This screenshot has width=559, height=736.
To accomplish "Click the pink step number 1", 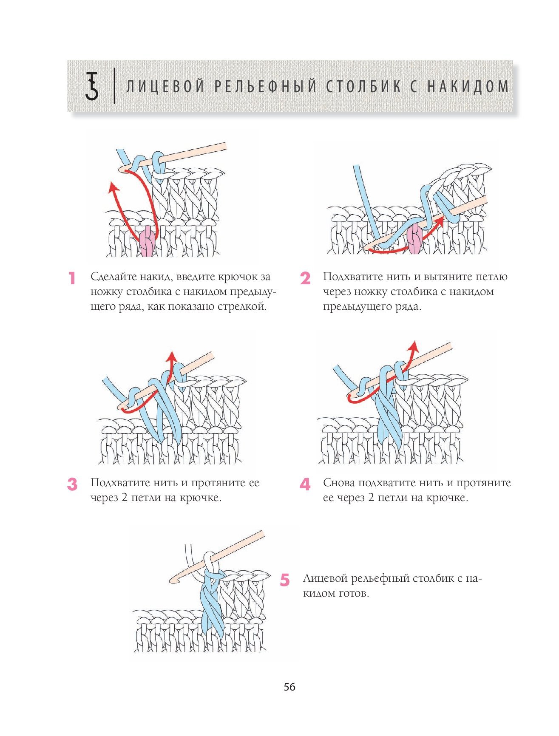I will click(72, 278).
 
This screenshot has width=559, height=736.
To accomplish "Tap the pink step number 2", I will click(305, 279).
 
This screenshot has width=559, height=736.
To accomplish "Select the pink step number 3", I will click(72, 484).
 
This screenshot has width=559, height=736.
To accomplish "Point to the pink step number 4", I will click(305, 484).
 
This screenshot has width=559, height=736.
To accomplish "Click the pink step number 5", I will click(285, 580).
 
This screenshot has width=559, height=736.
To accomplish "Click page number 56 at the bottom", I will click(289, 687).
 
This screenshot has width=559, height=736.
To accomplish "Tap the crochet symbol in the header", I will click(92, 86).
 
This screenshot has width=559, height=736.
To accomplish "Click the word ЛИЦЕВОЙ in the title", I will click(166, 87).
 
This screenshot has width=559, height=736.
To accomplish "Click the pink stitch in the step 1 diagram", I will click(147, 241).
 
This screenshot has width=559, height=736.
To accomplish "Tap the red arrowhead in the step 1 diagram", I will click(113, 187).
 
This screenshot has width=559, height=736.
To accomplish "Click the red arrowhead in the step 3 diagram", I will click(171, 356).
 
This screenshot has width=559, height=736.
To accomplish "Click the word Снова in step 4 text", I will click(339, 483).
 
